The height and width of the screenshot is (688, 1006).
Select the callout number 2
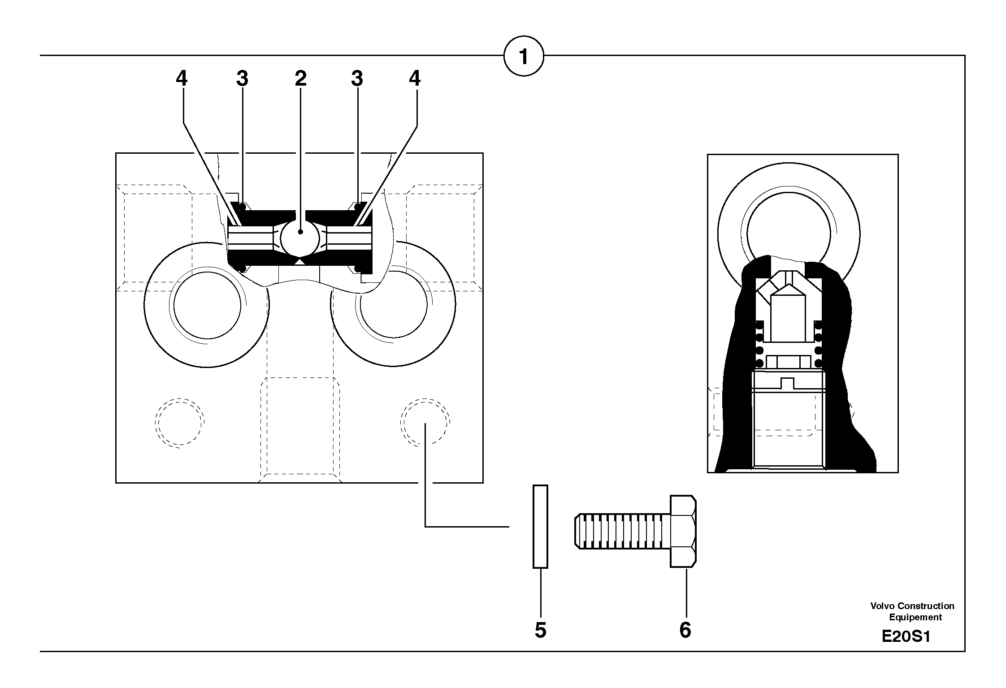[300, 79]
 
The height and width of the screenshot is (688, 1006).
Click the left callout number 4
[181, 79]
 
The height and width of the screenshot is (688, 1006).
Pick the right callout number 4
[415, 79]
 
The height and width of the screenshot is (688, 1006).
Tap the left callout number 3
[242, 79]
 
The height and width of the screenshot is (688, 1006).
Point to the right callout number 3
[357, 79]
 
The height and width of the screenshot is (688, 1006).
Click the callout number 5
[541, 630]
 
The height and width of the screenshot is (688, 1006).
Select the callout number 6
[685, 630]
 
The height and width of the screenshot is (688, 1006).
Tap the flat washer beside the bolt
[540, 526]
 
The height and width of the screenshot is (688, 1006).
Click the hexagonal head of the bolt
[683, 531]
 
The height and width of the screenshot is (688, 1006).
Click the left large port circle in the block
[207, 305]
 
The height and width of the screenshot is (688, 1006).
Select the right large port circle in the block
[393, 305]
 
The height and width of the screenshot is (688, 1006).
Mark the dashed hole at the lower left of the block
[179, 422]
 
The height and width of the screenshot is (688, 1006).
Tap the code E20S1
[906, 636]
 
